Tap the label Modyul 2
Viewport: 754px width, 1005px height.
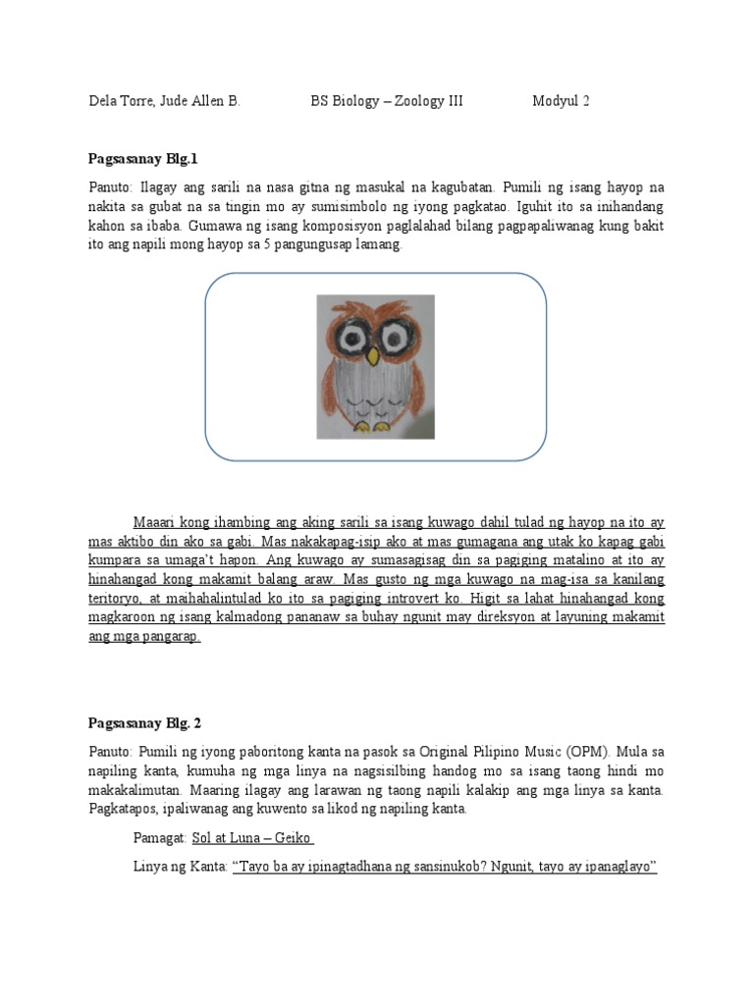562,101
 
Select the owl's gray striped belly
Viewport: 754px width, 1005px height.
375,388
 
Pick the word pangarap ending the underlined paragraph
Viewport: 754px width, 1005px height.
172,636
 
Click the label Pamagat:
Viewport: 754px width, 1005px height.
160,838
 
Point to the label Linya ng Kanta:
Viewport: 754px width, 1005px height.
181,868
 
